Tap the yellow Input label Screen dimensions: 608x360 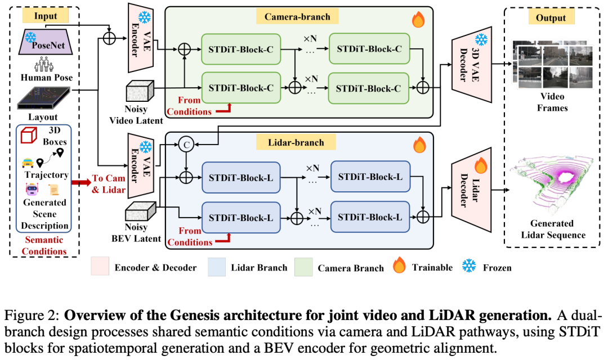(46, 16)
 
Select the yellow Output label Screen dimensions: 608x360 (551, 17)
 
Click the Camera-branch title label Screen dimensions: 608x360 (297, 17)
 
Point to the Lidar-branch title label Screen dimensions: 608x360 (296, 142)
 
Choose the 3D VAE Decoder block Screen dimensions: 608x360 (472, 65)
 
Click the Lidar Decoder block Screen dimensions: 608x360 (472, 190)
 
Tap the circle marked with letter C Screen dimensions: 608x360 (186, 145)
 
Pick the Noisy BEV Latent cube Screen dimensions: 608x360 (140, 211)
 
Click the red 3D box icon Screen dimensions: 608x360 (29, 135)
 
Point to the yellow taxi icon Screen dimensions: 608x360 (28, 163)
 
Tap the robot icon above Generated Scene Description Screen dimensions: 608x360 (32, 189)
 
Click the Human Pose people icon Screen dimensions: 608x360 (44, 64)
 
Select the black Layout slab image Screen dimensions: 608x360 (44, 98)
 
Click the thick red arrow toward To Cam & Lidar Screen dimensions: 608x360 (81, 182)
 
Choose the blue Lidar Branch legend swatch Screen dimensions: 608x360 (217, 267)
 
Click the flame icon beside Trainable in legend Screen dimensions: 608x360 (399, 265)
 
